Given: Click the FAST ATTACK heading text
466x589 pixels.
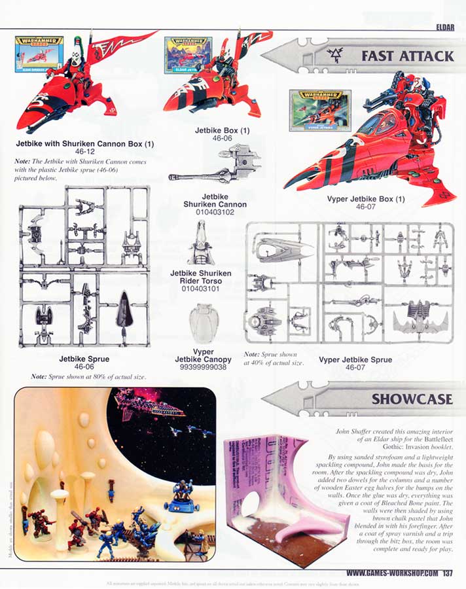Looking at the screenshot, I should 407,56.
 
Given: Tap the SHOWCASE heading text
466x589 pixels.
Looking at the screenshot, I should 412,399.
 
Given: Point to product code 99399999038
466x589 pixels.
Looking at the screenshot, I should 204,368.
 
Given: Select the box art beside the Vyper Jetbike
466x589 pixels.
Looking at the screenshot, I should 320,111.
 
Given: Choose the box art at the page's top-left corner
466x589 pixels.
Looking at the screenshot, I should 39,54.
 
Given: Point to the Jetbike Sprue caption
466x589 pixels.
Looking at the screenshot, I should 84,359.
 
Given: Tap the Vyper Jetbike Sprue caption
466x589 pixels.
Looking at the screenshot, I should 355,359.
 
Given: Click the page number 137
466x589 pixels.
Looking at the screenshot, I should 448,574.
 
